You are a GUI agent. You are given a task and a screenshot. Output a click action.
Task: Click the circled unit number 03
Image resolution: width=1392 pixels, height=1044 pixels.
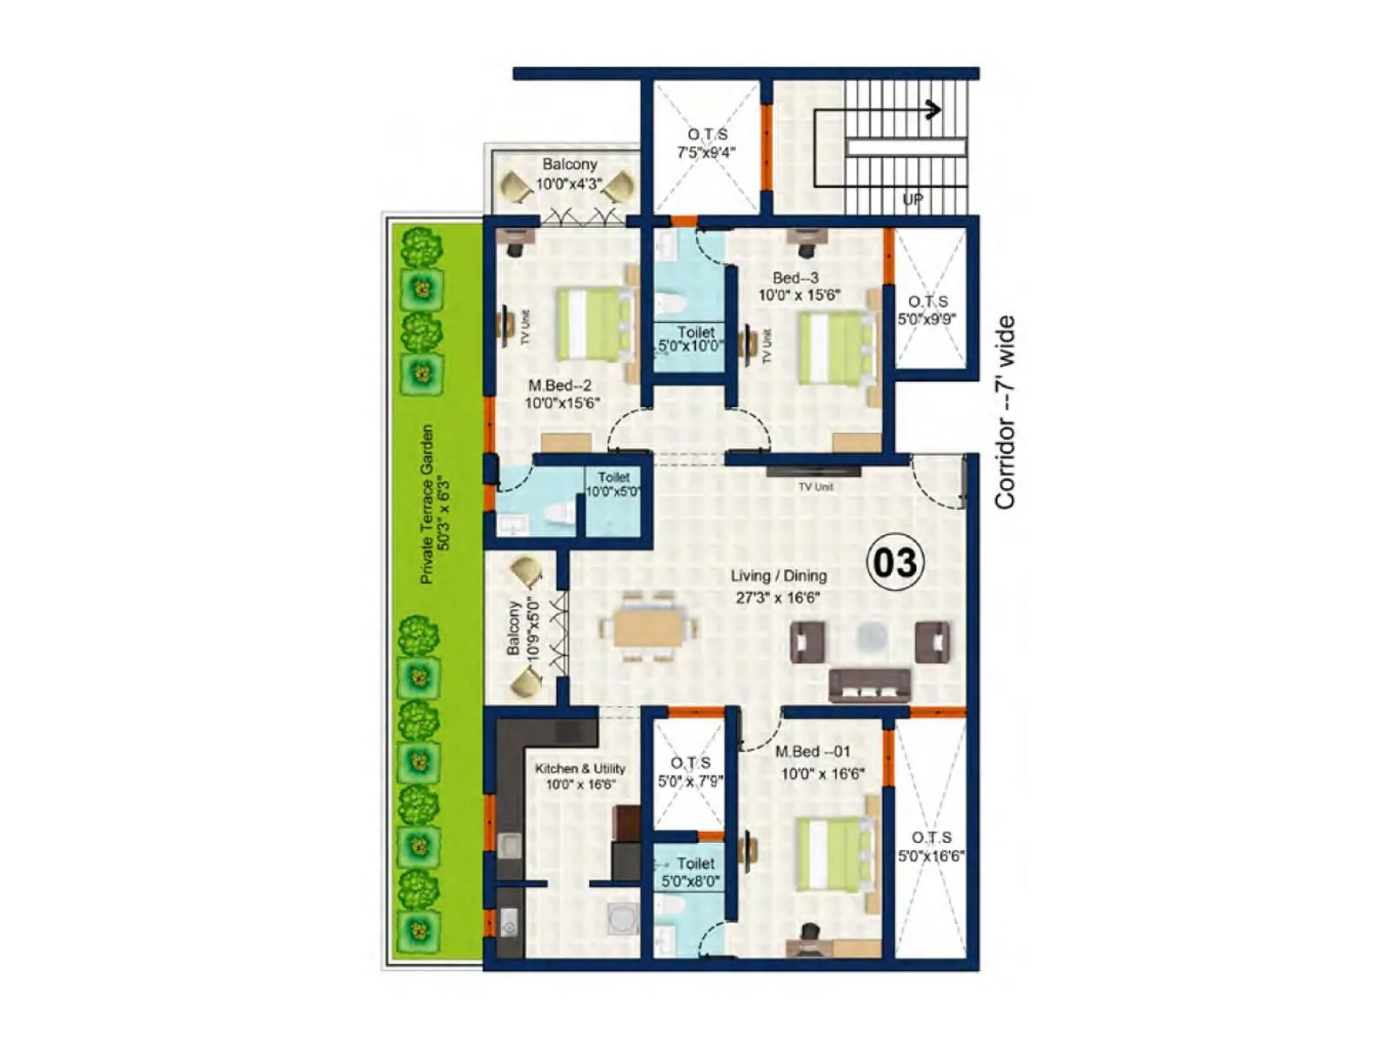click(x=894, y=563)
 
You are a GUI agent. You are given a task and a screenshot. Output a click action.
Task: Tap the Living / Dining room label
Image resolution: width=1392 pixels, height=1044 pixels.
click(x=779, y=576)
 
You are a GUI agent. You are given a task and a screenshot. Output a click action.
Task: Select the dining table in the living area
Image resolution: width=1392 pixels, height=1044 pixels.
click(x=646, y=627)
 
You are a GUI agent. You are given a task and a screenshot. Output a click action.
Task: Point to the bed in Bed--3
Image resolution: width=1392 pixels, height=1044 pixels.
click(x=833, y=348)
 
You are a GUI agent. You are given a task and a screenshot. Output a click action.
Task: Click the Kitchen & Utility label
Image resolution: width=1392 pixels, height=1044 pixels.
click(x=580, y=768)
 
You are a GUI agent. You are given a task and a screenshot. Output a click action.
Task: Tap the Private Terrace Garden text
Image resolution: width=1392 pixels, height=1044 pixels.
click(x=427, y=505)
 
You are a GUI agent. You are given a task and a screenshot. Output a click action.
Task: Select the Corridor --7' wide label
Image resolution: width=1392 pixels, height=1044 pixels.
click(x=1005, y=412)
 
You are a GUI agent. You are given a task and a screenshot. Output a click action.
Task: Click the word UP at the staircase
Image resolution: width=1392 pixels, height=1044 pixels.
click(x=913, y=200)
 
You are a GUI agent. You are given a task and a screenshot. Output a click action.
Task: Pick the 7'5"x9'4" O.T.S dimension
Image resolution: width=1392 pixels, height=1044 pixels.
click(x=706, y=152)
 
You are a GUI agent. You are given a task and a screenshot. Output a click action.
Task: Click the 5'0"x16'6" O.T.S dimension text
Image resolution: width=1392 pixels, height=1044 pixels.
click(x=931, y=856)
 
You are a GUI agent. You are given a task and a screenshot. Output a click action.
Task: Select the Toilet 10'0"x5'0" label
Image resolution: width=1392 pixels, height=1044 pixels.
click(x=613, y=485)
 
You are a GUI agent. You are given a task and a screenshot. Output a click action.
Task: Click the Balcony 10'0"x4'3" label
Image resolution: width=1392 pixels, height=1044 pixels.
click(x=569, y=174)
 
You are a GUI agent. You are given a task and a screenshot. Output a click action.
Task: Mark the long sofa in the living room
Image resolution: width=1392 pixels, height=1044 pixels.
click(x=870, y=685)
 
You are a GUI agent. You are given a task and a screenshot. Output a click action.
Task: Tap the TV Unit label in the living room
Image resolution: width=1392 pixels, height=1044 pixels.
click(x=816, y=486)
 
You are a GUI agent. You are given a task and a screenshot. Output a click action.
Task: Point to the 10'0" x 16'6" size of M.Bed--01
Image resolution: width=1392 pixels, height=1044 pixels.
click(x=822, y=773)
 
